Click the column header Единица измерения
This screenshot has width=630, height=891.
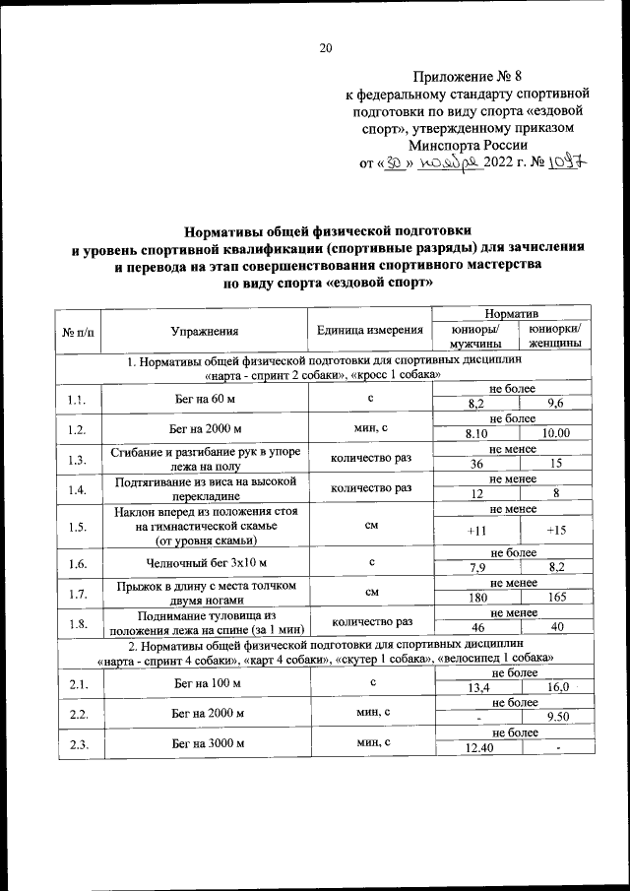[x=370, y=331]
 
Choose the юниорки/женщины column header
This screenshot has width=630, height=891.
[x=554, y=337]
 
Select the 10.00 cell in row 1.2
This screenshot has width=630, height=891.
[x=557, y=432]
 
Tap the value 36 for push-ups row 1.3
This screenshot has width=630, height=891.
[x=477, y=464]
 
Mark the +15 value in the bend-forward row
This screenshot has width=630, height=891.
[x=557, y=532]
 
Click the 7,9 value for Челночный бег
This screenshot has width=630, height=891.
[x=477, y=566]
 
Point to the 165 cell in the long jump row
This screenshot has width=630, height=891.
[x=557, y=597]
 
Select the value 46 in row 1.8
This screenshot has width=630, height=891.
[x=477, y=627]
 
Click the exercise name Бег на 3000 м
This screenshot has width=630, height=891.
[x=205, y=744]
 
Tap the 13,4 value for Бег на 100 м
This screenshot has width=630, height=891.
[x=477, y=686]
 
